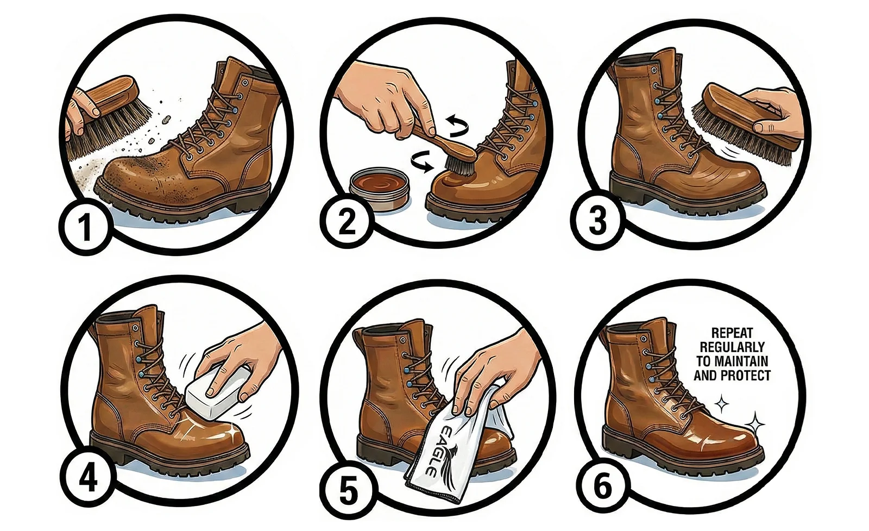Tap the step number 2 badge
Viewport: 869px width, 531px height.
pyautogui.click(x=347, y=222)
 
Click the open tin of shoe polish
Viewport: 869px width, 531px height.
pyautogui.click(x=379, y=190)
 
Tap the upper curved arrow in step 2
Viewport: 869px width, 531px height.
pyautogui.click(x=458, y=126)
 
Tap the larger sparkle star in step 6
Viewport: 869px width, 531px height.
pyautogui.click(x=754, y=424)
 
